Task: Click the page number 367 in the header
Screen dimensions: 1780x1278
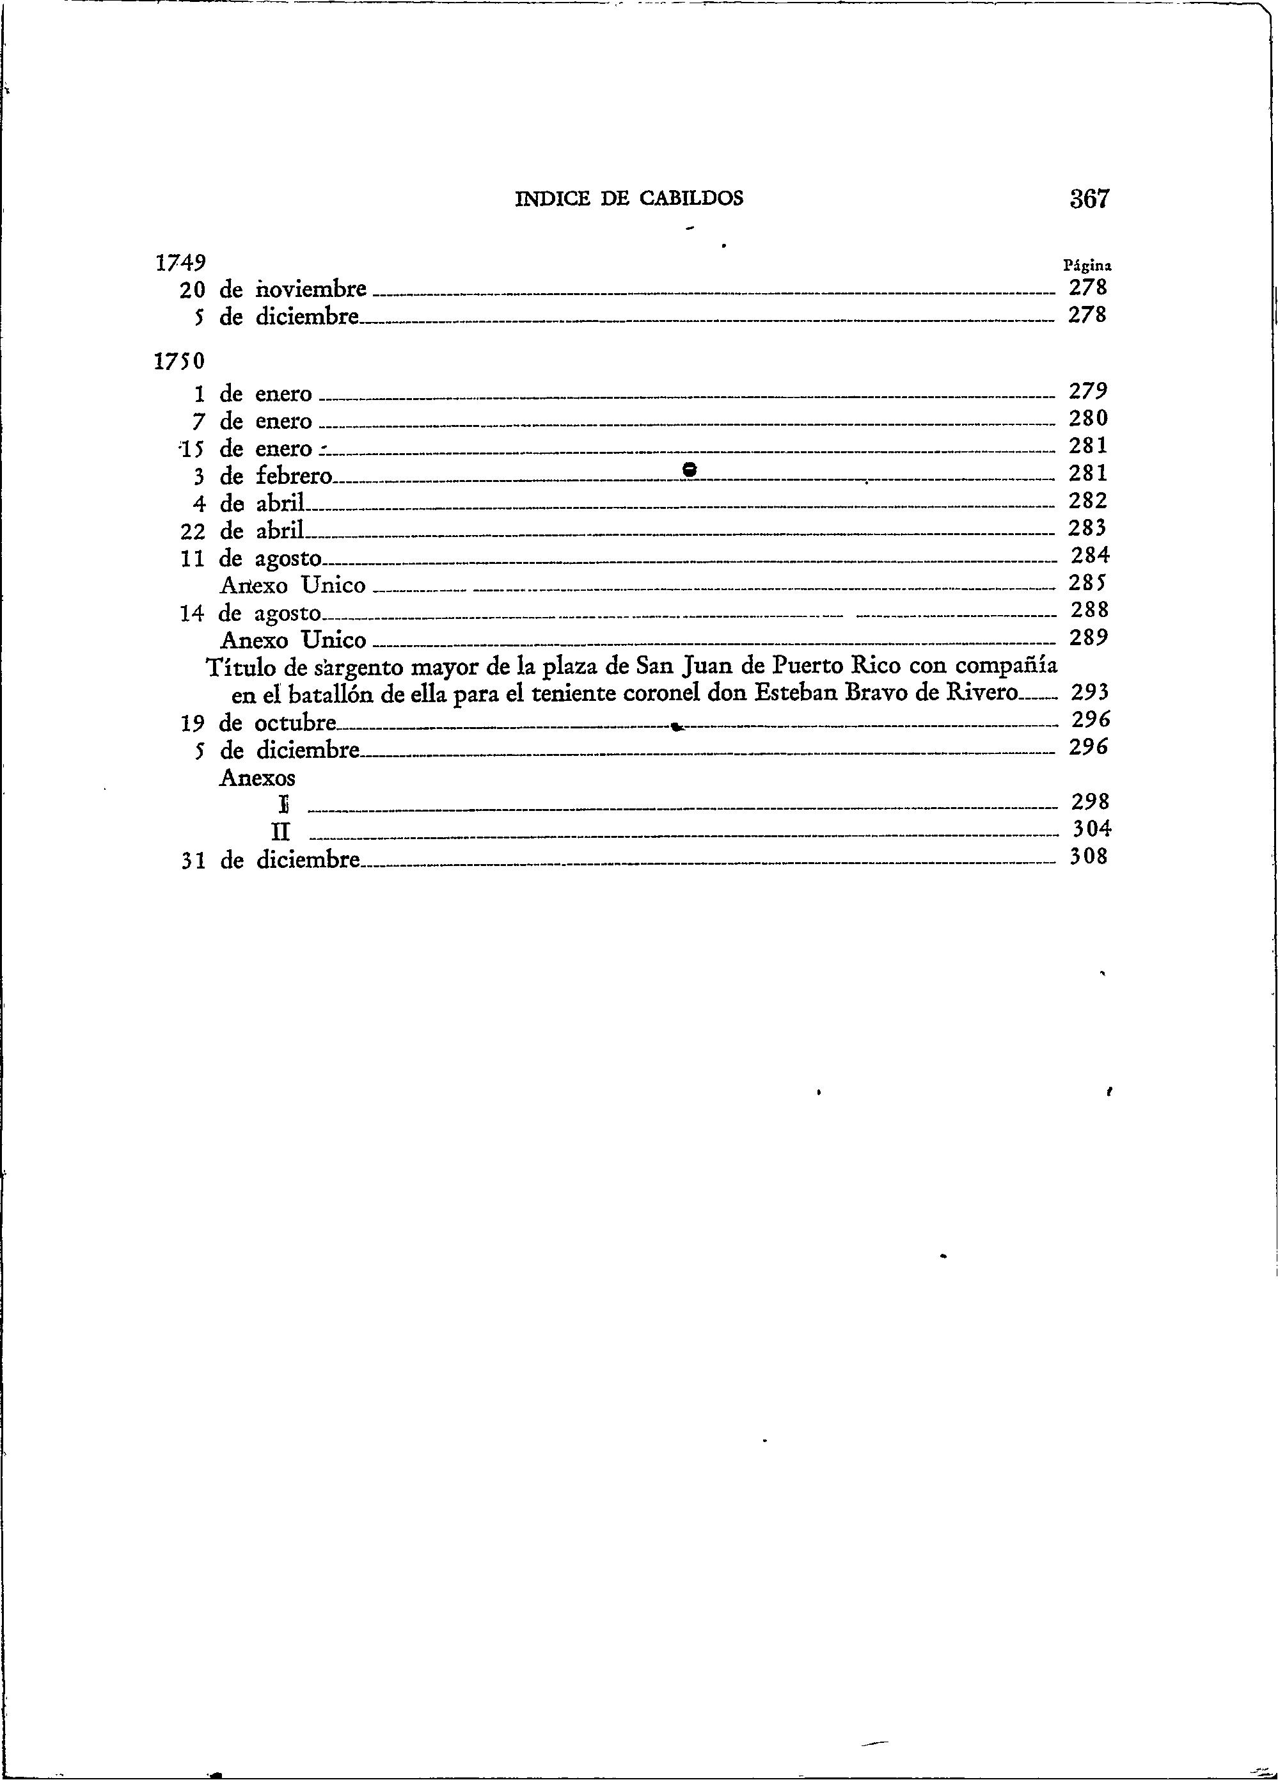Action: click(x=1091, y=198)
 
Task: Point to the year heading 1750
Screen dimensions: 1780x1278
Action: click(x=180, y=361)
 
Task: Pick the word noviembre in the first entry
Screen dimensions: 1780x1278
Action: click(x=312, y=289)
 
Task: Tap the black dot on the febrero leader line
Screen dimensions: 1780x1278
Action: click(x=690, y=469)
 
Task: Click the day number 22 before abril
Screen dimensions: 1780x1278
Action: click(x=192, y=531)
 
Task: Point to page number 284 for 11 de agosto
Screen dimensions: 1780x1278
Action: click(x=1091, y=556)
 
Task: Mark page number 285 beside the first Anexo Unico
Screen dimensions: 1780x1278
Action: click(x=1088, y=583)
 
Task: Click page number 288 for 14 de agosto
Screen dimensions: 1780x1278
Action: click(x=1091, y=610)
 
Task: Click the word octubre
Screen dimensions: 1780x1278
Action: click(x=296, y=723)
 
